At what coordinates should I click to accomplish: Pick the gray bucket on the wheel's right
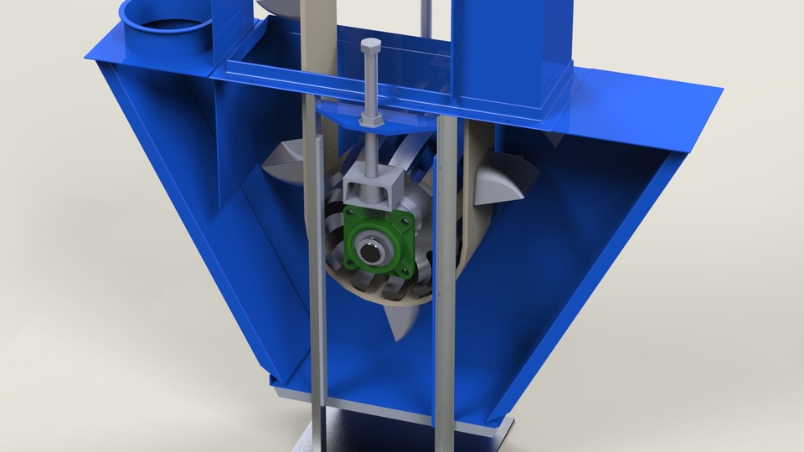pos(502,180)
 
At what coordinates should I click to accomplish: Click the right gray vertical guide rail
pos(447,276)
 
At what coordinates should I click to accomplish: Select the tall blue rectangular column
pos(511,42)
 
